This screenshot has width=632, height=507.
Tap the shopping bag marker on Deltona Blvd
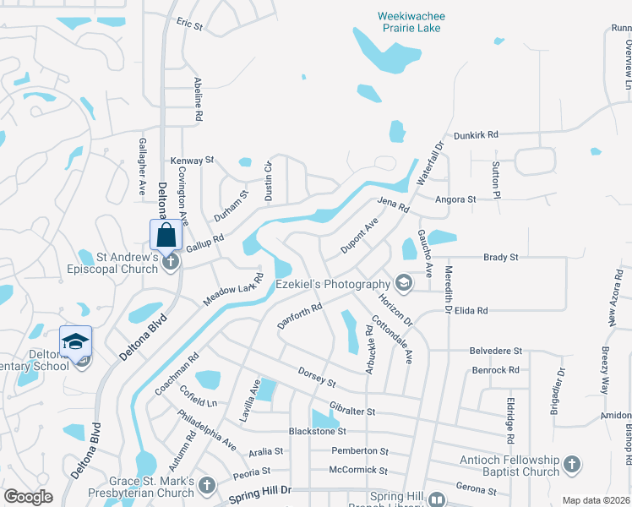coord(166,234)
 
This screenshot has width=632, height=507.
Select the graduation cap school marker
coord(75,341)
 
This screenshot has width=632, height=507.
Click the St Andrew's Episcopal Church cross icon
coord(170,263)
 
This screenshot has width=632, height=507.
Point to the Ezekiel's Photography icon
coord(403,284)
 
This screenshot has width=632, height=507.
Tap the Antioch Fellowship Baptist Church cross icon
coord(571,465)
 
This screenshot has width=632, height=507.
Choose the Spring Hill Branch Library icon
coord(436,499)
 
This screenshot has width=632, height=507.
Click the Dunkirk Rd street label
coord(477,134)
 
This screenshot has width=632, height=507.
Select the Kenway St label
coord(193,160)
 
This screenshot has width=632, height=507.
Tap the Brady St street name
coord(500,257)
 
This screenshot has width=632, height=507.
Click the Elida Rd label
coord(471,311)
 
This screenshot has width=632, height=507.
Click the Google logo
coord(29,497)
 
